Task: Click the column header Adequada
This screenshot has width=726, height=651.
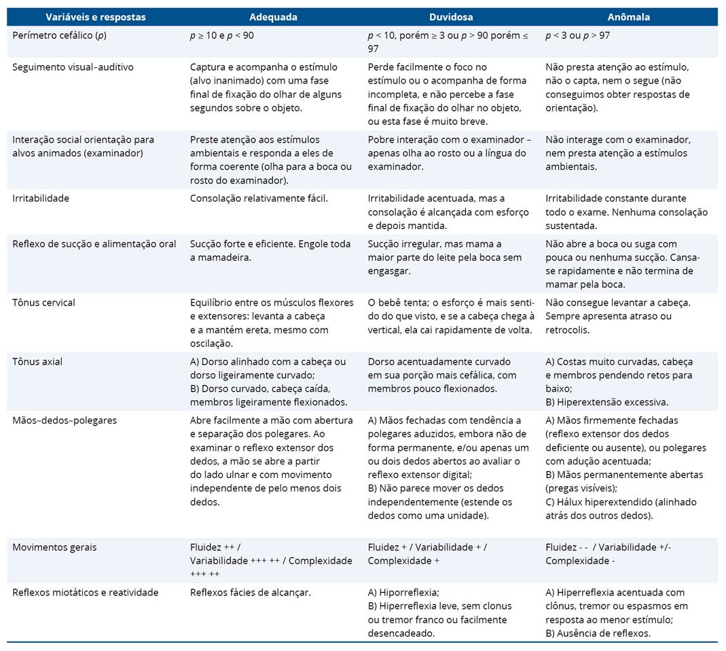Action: point(273,17)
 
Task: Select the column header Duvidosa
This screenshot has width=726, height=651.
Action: point(451,17)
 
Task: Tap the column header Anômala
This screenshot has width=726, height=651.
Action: point(628,17)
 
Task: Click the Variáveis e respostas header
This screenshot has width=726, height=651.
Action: point(96,17)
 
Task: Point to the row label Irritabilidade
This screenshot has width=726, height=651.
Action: point(41,198)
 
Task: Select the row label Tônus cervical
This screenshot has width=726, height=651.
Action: point(43,302)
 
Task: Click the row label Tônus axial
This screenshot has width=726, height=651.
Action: point(37,361)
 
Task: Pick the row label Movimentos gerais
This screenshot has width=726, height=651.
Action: point(54,547)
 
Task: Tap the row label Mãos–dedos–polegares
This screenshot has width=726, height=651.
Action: point(65,420)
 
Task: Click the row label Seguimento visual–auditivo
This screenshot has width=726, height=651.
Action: point(73,67)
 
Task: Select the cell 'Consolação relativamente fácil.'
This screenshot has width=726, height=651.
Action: point(259,198)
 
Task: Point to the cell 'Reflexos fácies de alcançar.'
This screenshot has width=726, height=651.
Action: point(250,593)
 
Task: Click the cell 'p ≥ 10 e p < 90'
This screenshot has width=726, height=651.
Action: point(222,35)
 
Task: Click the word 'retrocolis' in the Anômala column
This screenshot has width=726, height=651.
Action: point(568,330)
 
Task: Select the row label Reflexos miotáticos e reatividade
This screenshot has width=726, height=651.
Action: point(86,593)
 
